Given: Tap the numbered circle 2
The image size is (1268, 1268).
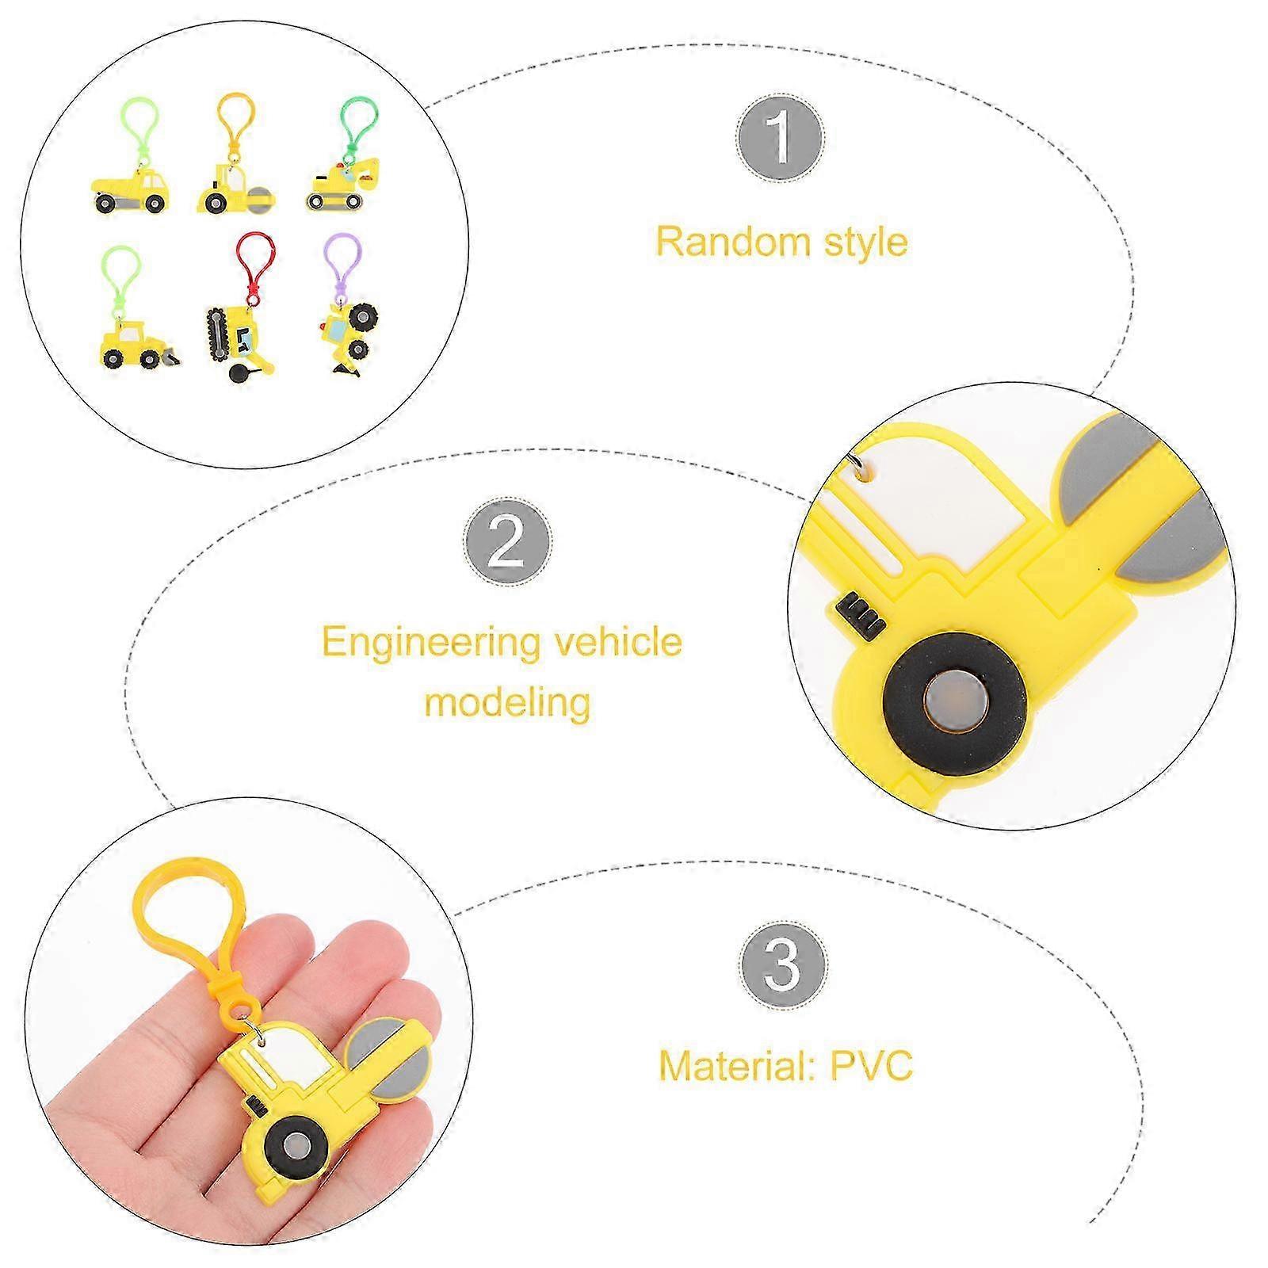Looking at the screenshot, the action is pyautogui.click(x=508, y=542).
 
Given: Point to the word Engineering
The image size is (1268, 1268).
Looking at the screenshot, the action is pyautogui.click(x=433, y=644).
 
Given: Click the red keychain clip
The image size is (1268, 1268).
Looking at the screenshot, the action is pyautogui.click(x=255, y=265).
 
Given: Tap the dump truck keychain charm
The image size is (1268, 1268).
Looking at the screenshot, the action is pyautogui.click(x=132, y=190).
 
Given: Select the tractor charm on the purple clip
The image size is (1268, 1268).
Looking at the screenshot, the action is pyautogui.click(x=349, y=333).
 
